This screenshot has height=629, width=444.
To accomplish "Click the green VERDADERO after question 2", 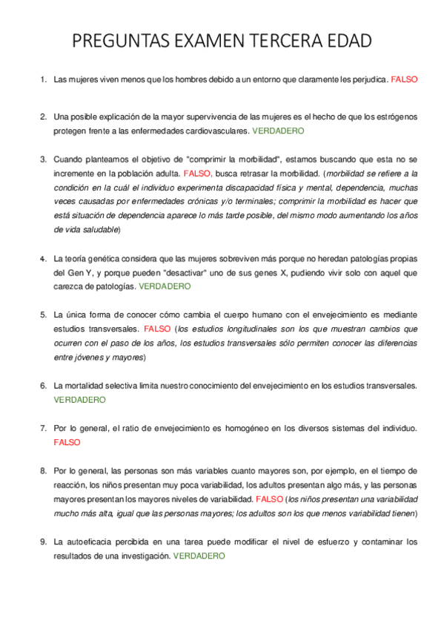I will tap(279, 130).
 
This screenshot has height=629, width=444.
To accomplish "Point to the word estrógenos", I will tap(396, 117).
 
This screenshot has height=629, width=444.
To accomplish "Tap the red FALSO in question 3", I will tap(197, 173).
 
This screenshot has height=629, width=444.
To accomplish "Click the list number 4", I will tap(42, 259).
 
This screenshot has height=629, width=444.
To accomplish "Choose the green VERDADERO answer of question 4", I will tap(165, 286).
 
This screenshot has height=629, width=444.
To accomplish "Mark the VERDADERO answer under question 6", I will tap(80, 399).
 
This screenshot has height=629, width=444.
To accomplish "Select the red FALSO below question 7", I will tap(67, 442).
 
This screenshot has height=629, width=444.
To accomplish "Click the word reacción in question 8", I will tap(70, 484).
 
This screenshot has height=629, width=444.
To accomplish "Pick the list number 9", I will tap(42, 541).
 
